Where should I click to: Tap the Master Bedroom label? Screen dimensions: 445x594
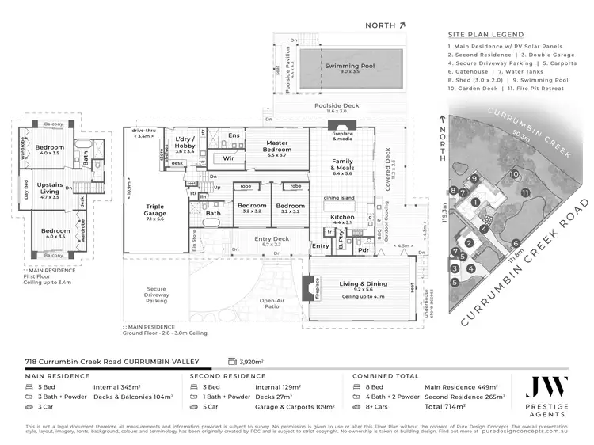(x=277, y=146)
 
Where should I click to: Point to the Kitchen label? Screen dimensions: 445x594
(x=342, y=216)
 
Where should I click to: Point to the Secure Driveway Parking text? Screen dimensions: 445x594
(x=156, y=295)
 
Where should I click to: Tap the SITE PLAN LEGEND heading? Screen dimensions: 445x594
(x=485, y=36)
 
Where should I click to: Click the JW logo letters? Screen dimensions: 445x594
(x=547, y=387)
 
